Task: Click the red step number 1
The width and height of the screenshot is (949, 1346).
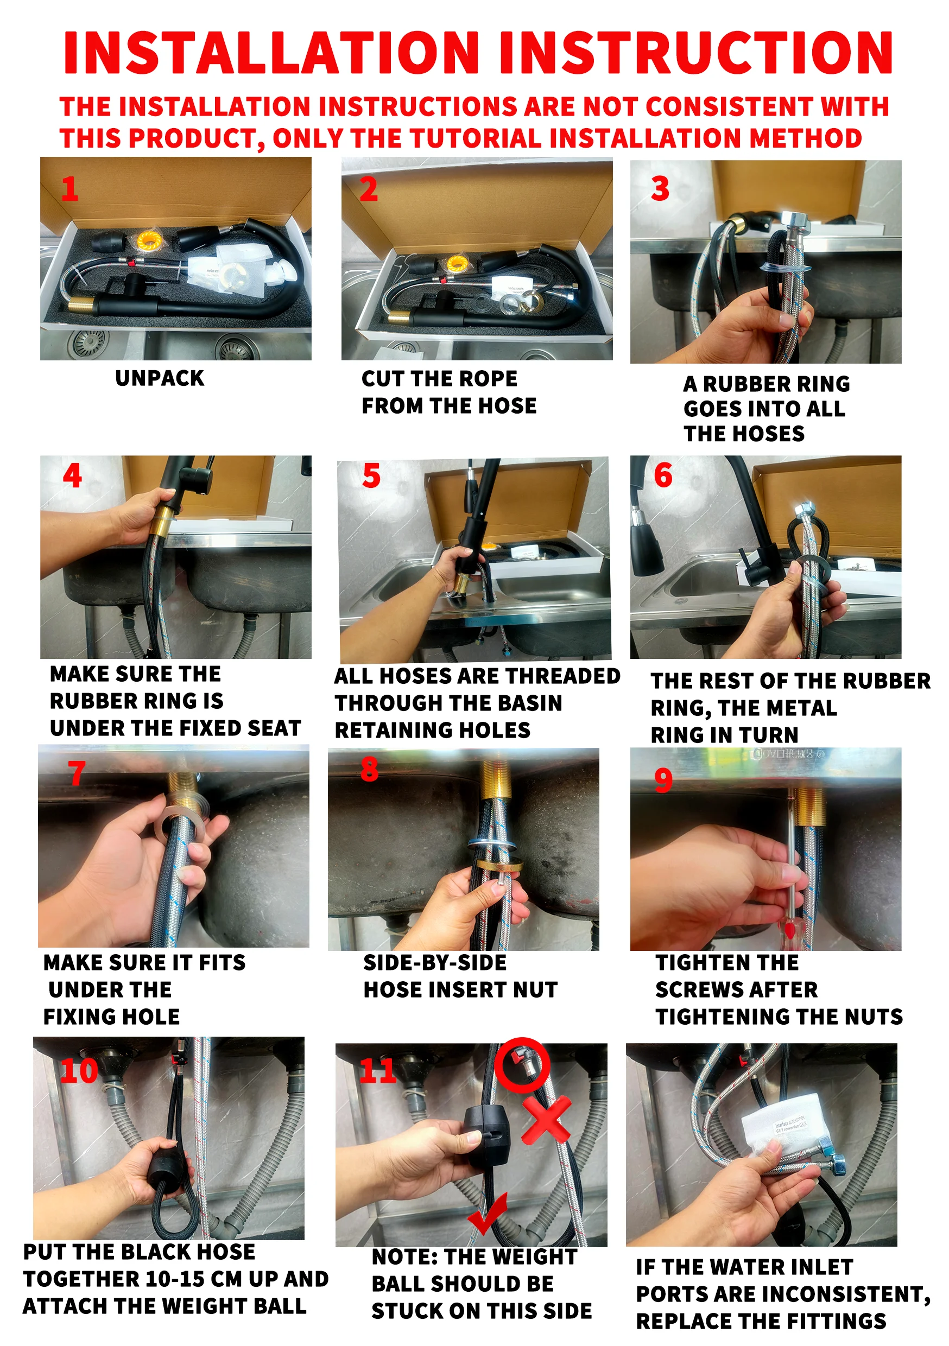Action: (x=70, y=189)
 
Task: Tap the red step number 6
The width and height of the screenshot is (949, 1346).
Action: (x=663, y=475)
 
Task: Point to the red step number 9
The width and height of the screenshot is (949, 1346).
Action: (x=663, y=780)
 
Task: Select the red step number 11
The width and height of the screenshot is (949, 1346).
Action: (x=378, y=1071)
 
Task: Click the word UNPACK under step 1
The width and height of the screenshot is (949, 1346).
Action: (x=160, y=378)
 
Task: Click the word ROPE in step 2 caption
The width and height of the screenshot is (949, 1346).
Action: (x=489, y=379)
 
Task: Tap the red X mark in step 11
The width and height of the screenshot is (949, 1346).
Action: (x=546, y=1120)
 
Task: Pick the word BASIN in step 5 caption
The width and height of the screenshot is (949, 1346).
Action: (x=530, y=703)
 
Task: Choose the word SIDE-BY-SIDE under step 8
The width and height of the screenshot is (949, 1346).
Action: (x=435, y=963)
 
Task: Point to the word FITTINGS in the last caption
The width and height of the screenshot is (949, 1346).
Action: (x=836, y=1321)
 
